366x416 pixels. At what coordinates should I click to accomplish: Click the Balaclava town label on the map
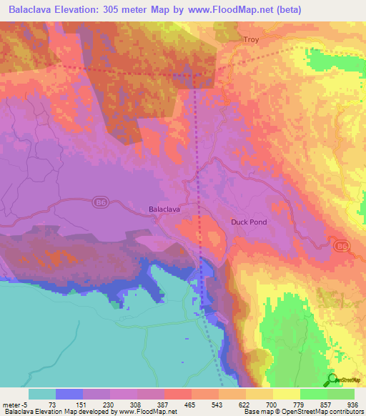tap(164, 209)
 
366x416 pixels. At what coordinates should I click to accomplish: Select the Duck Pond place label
tap(249, 222)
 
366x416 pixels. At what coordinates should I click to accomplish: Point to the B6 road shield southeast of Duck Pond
tap(342, 246)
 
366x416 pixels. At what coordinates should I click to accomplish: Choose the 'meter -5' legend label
tap(15, 403)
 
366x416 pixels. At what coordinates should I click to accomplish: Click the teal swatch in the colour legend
tap(41, 393)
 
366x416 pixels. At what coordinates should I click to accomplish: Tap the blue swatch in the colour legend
tap(69, 393)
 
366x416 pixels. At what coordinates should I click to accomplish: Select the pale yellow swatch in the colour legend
tap(286, 393)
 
